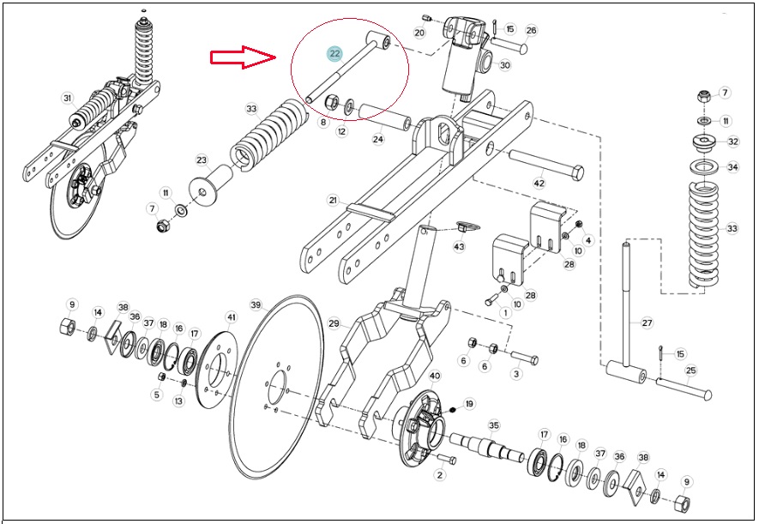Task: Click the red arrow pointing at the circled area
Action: click(x=243, y=57)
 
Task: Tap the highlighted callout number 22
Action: click(x=335, y=53)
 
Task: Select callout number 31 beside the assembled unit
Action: click(x=67, y=99)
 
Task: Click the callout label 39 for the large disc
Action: click(x=256, y=304)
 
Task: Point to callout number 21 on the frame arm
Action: click(x=333, y=200)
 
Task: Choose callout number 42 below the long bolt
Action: click(x=539, y=184)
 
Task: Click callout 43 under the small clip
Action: click(x=459, y=246)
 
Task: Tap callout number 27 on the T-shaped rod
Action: click(x=648, y=322)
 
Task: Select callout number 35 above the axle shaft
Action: click(x=493, y=425)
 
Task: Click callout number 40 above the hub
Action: click(x=435, y=376)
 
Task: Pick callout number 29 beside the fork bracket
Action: click(x=334, y=323)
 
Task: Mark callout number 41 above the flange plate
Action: click(x=232, y=317)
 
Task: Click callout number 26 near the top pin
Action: click(x=531, y=31)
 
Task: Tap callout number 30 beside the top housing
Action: click(x=505, y=65)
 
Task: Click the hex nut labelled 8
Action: click(x=331, y=103)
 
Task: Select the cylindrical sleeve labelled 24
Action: click(x=385, y=116)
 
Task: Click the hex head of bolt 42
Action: click(x=577, y=172)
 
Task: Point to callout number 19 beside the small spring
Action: click(x=468, y=404)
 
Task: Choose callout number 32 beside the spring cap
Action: click(x=733, y=142)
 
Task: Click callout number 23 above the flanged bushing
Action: click(x=202, y=160)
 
